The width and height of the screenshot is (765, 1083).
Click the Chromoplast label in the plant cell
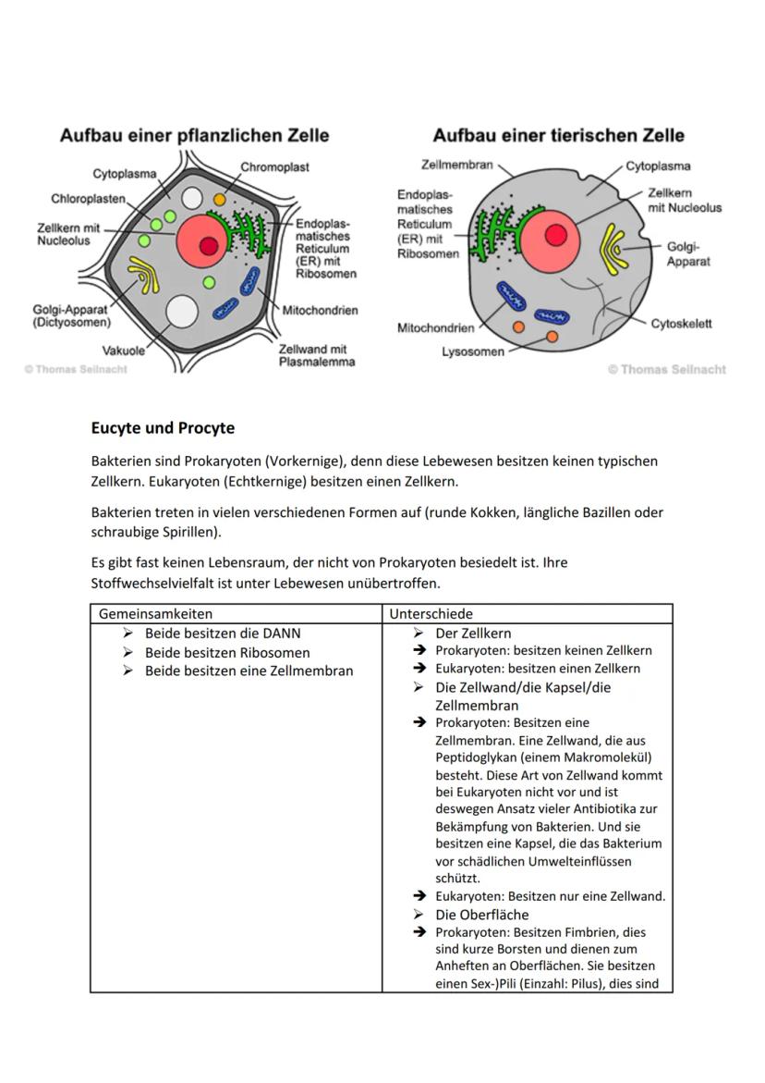coord(274,167)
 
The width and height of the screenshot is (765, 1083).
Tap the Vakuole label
coord(123,351)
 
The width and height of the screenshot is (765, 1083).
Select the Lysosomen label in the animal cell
coord(473,351)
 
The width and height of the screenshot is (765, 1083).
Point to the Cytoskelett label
coord(681,324)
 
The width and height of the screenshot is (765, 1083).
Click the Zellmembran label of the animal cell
coord(456,166)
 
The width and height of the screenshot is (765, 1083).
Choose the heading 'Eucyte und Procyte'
coord(163,428)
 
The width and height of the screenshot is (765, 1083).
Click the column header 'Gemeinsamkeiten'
coord(155,613)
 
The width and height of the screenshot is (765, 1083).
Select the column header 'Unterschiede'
coord(431,613)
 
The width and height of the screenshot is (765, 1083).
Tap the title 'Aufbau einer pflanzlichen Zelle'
coord(194,135)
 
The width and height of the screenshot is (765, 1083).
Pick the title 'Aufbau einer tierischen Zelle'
coord(558,135)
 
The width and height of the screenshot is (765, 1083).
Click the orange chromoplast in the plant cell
coord(220,199)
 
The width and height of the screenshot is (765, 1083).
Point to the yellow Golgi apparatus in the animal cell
coord(613,248)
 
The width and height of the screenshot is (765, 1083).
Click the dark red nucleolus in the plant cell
coord(209,245)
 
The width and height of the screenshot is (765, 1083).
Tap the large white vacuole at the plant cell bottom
coord(181,312)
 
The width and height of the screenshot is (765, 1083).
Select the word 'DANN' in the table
coord(282,634)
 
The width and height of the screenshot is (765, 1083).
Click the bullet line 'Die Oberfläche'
coord(482,915)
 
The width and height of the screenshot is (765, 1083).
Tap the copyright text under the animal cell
coord(667,369)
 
